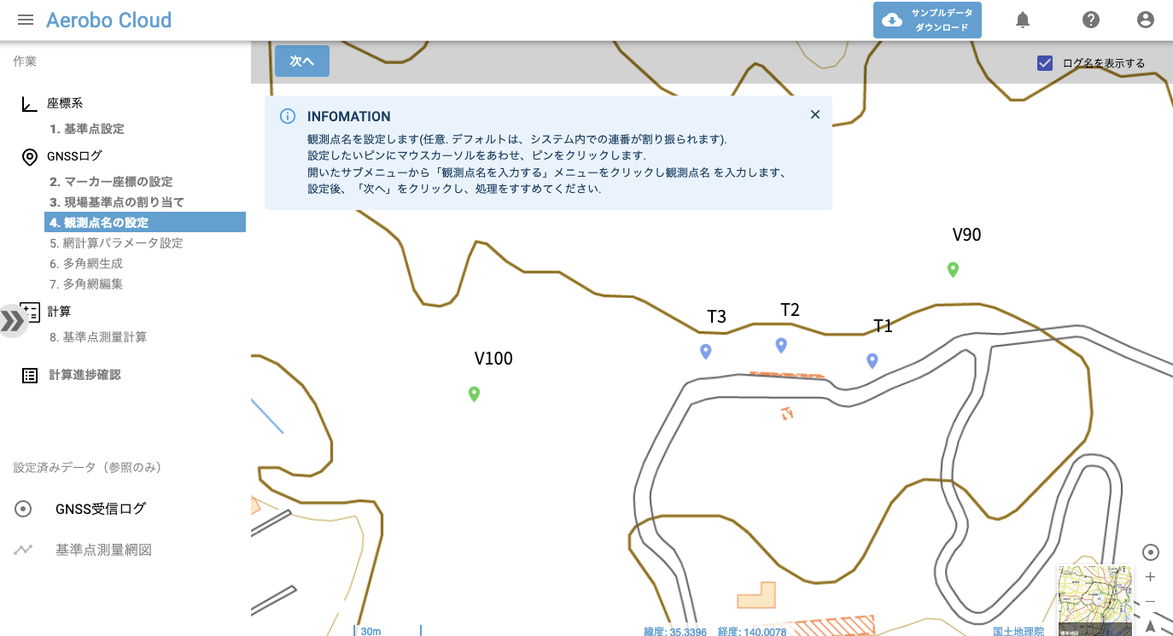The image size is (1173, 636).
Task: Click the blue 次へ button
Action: coord(302,61)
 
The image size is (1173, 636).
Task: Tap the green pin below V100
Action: coord(475,394)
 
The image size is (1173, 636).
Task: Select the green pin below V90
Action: coord(953,270)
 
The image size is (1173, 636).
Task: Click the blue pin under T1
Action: coord(872,361)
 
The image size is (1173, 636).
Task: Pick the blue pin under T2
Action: coord(780,345)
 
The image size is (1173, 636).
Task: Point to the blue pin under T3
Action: coord(705,352)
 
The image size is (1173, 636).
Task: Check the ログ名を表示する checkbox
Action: coord(1045,63)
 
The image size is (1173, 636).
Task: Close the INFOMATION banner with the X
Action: coord(814,114)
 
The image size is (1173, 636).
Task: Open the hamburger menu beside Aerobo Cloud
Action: coord(26,20)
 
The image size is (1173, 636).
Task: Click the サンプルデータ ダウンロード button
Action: coord(927,20)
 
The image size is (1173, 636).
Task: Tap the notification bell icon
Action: coord(1023,20)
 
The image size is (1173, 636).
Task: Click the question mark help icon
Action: coord(1090,20)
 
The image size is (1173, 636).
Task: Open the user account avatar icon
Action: coord(1146,20)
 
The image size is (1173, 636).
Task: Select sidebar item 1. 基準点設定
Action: coord(86,129)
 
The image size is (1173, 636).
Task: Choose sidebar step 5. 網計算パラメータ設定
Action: coord(116,243)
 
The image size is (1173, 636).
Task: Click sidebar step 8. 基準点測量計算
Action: coord(98,337)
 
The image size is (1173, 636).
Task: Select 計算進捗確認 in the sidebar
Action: coord(85,375)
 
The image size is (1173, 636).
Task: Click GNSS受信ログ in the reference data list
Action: coord(101,509)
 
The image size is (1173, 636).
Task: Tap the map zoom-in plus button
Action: coord(1150,577)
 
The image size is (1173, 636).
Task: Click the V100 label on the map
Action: coord(493,359)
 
